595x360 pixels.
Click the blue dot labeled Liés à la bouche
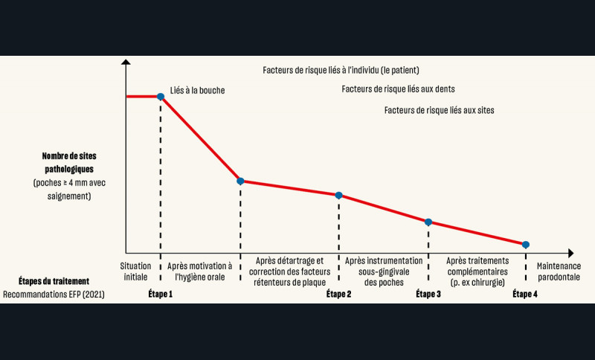click(x=160, y=97)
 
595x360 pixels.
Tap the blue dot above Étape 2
click(x=338, y=195)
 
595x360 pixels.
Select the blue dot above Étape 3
click(x=428, y=222)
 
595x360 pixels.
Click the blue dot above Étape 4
click(x=526, y=245)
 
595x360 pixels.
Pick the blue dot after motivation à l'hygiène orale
click(x=240, y=181)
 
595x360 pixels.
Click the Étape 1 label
click(x=160, y=295)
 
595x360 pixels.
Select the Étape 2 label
click(x=338, y=295)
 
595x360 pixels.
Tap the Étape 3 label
click(x=428, y=295)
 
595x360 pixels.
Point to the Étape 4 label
click(x=525, y=295)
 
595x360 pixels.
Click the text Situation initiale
click(x=135, y=271)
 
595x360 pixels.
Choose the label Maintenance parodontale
click(x=557, y=271)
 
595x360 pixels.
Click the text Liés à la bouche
click(x=197, y=90)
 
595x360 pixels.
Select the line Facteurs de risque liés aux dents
click(x=398, y=89)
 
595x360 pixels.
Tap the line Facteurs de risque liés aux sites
click(x=439, y=110)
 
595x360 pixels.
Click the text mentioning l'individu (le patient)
click(x=341, y=71)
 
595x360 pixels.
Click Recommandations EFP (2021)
click(x=54, y=295)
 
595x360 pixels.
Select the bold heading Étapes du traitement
click(x=54, y=281)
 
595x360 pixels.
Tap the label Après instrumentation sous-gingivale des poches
click(x=384, y=271)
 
